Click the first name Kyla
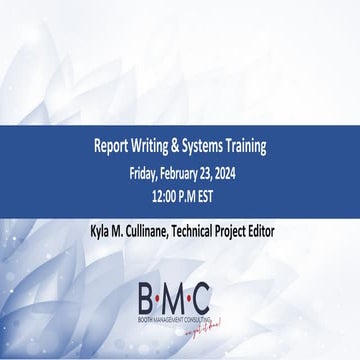click(x=100, y=231)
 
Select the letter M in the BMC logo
click(x=174, y=295)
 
